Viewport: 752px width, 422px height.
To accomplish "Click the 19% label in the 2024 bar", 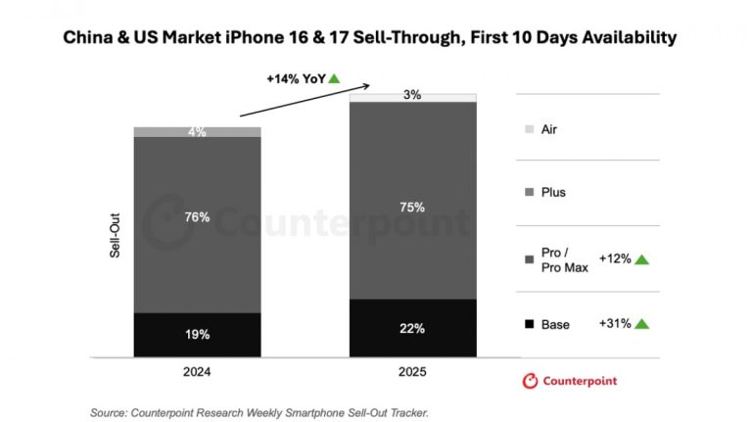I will point(197,333).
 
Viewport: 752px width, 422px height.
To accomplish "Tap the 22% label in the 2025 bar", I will point(412,328).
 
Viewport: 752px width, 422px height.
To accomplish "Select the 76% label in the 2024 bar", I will point(197,217).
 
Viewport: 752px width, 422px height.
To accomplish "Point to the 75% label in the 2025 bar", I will point(412,207).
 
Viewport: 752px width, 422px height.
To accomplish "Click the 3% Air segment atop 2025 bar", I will point(412,96).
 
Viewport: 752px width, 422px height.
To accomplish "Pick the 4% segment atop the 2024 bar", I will point(197,131).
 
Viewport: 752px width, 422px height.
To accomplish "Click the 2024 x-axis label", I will point(197,372).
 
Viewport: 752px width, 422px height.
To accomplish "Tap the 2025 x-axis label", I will point(412,372).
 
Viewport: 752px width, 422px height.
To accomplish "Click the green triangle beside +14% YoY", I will point(334,77).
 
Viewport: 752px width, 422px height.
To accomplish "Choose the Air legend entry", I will point(548,129).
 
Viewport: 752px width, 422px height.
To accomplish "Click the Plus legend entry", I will point(552,192).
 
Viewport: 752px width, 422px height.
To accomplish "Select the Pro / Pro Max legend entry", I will point(563,259).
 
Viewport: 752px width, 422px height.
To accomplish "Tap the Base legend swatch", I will point(530,324).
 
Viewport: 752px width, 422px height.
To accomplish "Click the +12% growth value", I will point(613,259).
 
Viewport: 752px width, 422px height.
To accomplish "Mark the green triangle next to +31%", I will point(641,324).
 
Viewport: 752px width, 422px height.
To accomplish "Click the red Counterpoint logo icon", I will point(531,381).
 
